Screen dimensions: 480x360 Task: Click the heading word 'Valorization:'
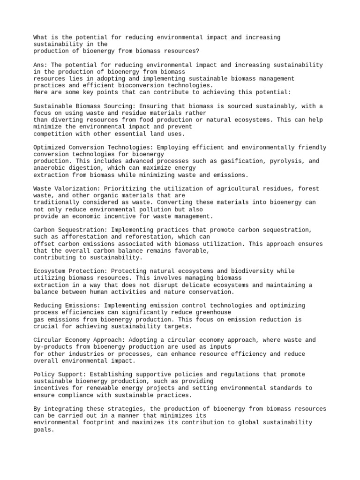(x=76, y=188)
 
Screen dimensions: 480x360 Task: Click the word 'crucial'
(x=47, y=326)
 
